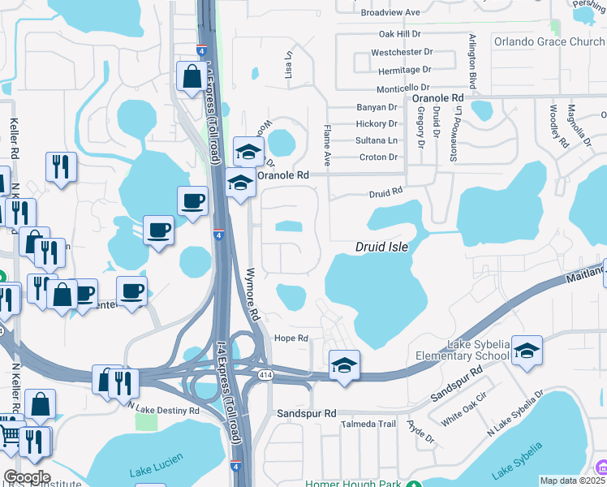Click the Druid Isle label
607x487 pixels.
381,247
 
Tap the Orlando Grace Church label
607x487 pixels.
549,42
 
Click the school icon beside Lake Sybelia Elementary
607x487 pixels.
527,351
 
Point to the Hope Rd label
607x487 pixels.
292,338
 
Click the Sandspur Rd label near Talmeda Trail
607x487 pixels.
306,413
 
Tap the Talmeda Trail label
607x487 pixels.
368,424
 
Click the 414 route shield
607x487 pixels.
265,375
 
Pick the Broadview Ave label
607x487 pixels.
390,13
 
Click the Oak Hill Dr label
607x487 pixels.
399,34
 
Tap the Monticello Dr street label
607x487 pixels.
403,88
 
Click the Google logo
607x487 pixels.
27,477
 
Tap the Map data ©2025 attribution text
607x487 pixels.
572,481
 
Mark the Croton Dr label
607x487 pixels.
378,157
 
